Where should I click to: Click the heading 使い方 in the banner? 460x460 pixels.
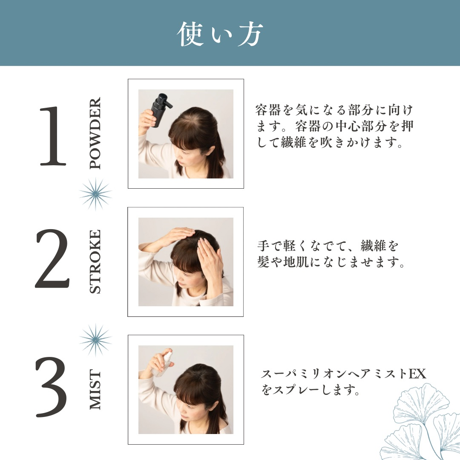(x=220, y=34)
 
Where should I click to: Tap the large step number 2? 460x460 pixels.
(x=52, y=259)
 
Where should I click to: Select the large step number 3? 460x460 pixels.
(x=52, y=387)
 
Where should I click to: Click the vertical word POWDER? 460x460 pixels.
(x=96, y=133)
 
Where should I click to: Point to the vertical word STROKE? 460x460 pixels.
(x=96, y=262)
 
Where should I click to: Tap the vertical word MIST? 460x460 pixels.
(x=96, y=390)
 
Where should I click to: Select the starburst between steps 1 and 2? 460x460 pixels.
(x=95, y=194)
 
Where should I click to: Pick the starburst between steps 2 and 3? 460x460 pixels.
(x=95, y=339)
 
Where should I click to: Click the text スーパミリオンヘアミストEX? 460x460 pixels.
(x=343, y=374)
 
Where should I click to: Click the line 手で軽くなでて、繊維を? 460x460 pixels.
(x=328, y=246)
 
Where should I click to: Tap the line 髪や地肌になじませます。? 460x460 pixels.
(x=331, y=262)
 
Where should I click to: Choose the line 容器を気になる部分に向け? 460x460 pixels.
(x=334, y=110)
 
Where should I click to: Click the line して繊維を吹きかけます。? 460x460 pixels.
(x=330, y=143)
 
